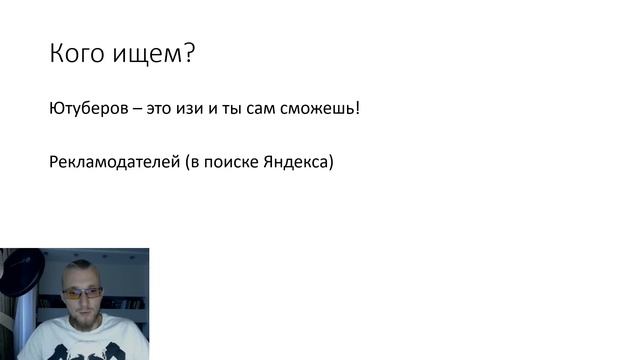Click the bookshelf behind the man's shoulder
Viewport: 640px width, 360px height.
[x=124, y=300]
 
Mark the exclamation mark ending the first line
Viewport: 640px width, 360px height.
[x=356, y=107]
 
